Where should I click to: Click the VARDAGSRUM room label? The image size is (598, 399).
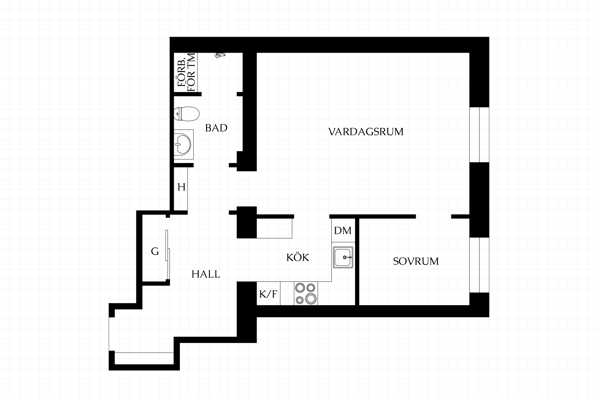click(x=366, y=132)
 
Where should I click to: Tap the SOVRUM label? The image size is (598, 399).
click(x=416, y=261)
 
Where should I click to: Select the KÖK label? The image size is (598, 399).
click(x=298, y=257)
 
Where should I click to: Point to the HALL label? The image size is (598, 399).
click(x=206, y=274)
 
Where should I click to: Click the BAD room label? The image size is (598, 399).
click(x=216, y=128)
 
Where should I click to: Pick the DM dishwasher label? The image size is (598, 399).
click(x=343, y=231)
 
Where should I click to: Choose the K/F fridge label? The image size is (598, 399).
click(x=268, y=294)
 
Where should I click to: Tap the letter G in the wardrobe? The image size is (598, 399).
click(x=155, y=251)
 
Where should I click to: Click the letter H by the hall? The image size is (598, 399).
click(x=182, y=187)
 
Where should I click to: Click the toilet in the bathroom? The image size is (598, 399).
click(x=186, y=114)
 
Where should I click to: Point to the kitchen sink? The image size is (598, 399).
click(x=343, y=257)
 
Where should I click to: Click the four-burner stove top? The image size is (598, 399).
click(x=306, y=293)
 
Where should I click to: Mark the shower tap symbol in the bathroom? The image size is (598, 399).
click(x=220, y=55)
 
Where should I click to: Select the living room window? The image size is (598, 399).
click(x=479, y=135)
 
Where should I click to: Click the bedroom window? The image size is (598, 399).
click(x=479, y=265)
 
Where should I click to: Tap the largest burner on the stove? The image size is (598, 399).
click(x=311, y=299)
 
